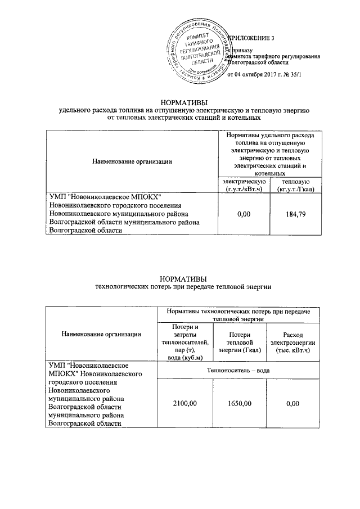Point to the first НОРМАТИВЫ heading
click(x=184, y=102)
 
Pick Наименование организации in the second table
click(x=101, y=334)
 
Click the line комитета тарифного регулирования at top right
click(x=273, y=57)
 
